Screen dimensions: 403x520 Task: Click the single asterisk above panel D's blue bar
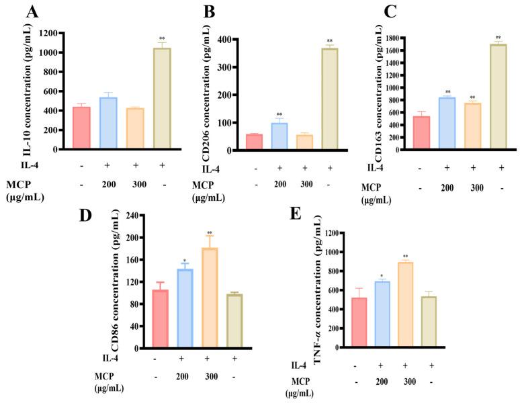[x=184, y=261]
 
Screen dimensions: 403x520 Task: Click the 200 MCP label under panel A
[x=109, y=183]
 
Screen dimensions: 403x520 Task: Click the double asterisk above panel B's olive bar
[x=329, y=42]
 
